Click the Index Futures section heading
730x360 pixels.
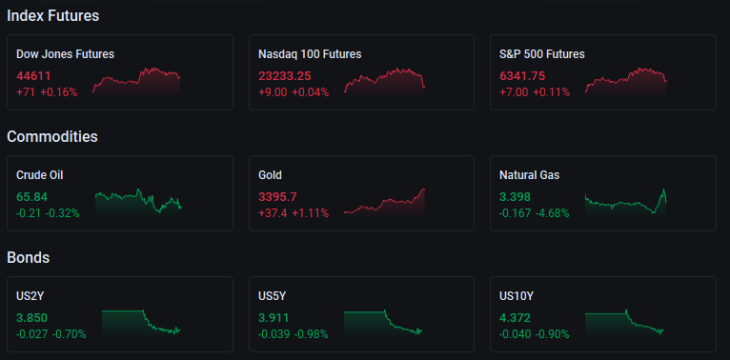pos(53,16)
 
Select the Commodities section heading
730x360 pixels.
pos(52,137)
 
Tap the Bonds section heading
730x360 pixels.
pos(29,258)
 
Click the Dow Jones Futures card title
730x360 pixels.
pos(65,54)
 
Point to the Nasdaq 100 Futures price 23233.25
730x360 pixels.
pos(285,76)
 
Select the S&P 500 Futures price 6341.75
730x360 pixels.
pos(522,76)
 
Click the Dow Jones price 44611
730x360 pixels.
pos(33,76)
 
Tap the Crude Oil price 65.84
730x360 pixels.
pos(32,197)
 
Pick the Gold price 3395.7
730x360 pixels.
pos(277,197)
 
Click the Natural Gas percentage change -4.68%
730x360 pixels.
pos(552,213)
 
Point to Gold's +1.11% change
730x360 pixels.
pos(311,213)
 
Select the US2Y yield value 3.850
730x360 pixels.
pos(32,318)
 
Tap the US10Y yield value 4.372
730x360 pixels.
pos(515,318)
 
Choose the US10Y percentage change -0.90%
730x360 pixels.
pos(552,334)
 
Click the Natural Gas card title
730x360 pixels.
pos(529,175)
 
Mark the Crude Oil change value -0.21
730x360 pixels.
pos(29,213)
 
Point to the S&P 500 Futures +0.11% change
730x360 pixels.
pos(551,92)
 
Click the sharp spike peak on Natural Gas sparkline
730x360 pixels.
pos(664,190)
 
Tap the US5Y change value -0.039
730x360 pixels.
pos(274,334)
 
